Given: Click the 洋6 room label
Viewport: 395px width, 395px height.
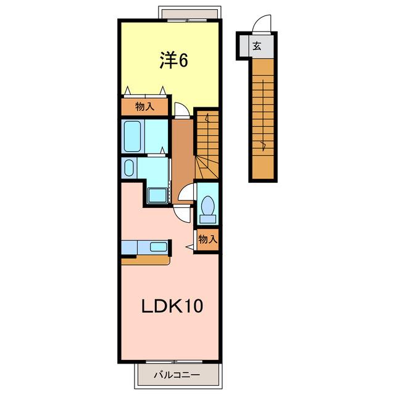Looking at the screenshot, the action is click(x=174, y=60).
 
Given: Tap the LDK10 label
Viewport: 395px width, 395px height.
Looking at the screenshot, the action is click(x=172, y=306).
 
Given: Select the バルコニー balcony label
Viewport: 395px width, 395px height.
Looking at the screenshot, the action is click(x=177, y=375).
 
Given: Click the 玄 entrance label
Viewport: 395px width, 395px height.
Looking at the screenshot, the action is click(x=257, y=46).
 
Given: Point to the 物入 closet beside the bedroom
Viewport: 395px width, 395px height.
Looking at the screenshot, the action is click(x=144, y=107).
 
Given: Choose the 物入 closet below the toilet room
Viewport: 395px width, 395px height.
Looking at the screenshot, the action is click(x=207, y=239).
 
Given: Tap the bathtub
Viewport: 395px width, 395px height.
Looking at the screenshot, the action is click(x=133, y=136).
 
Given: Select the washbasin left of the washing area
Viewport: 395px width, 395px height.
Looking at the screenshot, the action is click(x=129, y=168).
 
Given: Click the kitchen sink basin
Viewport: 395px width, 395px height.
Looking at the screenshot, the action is click(x=158, y=247).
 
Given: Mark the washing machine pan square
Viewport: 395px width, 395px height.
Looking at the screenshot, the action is click(x=158, y=196).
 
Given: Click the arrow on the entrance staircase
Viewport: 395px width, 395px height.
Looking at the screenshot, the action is click(x=264, y=115).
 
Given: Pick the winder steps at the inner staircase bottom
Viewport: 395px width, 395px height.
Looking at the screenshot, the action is click(x=207, y=167).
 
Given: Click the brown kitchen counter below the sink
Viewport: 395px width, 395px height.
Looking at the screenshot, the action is click(x=146, y=260).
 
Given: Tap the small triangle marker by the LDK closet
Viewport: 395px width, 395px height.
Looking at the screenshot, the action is click(x=190, y=247).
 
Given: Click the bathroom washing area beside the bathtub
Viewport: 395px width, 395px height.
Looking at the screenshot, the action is click(x=156, y=136).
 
